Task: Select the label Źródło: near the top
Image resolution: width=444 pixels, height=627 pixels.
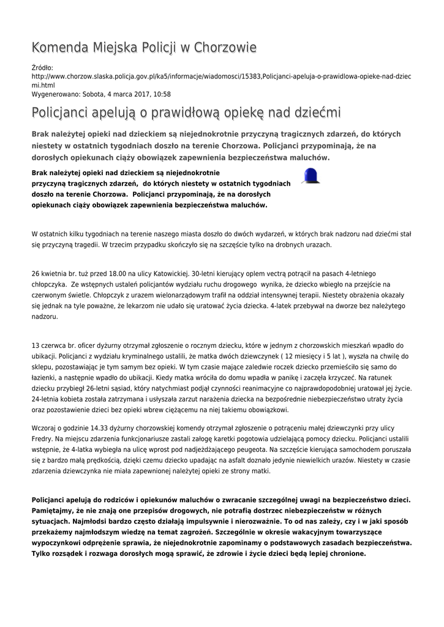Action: coord(42,67)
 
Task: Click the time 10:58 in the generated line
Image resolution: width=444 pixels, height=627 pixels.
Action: coord(161,94)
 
